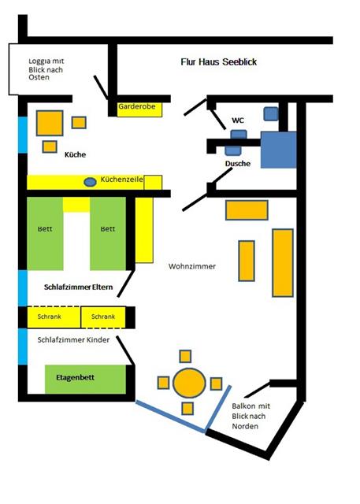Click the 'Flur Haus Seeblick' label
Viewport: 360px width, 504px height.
click(x=218, y=61)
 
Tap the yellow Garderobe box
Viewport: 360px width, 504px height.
click(x=139, y=109)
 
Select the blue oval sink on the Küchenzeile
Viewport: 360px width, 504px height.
click(x=90, y=182)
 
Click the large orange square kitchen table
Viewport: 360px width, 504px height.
click(x=50, y=123)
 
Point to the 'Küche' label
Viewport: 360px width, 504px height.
click(x=75, y=154)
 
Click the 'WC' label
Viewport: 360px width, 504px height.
click(x=238, y=120)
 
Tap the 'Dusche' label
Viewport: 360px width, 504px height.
click(x=238, y=163)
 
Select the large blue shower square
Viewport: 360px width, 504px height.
click(x=278, y=150)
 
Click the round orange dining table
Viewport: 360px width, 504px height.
click(x=189, y=383)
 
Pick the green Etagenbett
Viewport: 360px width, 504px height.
click(x=85, y=380)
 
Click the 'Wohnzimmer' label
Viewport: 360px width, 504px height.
click(x=192, y=266)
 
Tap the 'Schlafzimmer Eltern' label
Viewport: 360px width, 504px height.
click(x=79, y=287)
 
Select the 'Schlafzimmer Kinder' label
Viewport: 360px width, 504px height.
click(x=73, y=339)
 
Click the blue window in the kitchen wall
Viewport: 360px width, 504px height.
click(x=23, y=135)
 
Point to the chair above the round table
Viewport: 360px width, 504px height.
click(x=185, y=357)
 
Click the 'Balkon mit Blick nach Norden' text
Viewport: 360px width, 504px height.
click(x=251, y=416)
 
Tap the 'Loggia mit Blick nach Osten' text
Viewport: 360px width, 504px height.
click(x=46, y=69)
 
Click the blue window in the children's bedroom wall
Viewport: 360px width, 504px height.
click(x=23, y=346)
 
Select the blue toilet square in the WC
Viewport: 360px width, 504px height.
click(x=271, y=113)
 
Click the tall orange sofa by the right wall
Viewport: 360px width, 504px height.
click(x=283, y=262)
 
